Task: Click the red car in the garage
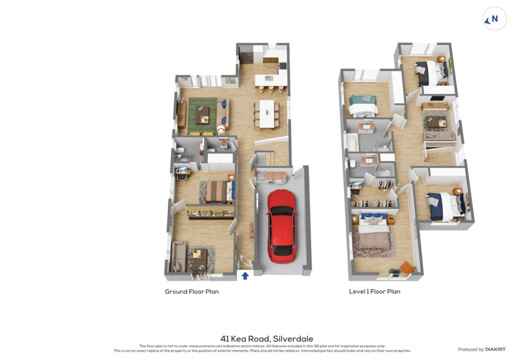(282, 226)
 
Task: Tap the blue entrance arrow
(245, 275)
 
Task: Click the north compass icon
(495, 19)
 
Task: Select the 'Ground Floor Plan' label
(192, 292)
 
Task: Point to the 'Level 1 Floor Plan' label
(375, 292)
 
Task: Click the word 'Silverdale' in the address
(293, 339)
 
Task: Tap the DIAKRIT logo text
(495, 349)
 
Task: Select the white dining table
(267, 114)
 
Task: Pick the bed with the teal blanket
(363, 106)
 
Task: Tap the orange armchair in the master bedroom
(407, 267)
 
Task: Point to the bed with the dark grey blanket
(431, 72)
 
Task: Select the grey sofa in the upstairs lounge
(439, 135)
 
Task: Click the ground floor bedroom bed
(219, 192)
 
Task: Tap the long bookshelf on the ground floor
(210, 212)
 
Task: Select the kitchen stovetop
(283, 66)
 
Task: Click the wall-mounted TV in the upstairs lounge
(437, 98)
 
